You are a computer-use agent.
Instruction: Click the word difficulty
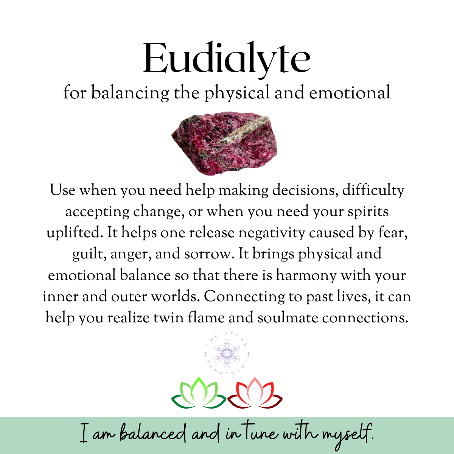click(373, 190)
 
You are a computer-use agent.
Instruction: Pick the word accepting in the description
click(96, 211)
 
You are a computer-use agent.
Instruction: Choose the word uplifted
click(75, 232)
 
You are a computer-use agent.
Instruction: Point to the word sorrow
click(207, 253)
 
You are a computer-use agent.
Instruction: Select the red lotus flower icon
click(255, 393)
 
